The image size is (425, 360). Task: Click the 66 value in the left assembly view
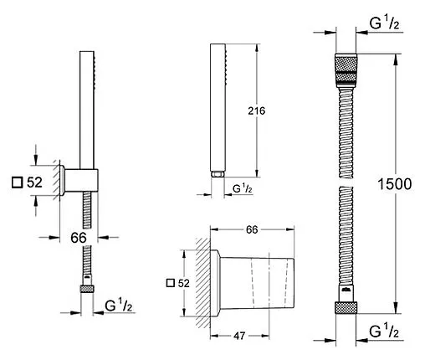pyautogui.click(x=78, y=237)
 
